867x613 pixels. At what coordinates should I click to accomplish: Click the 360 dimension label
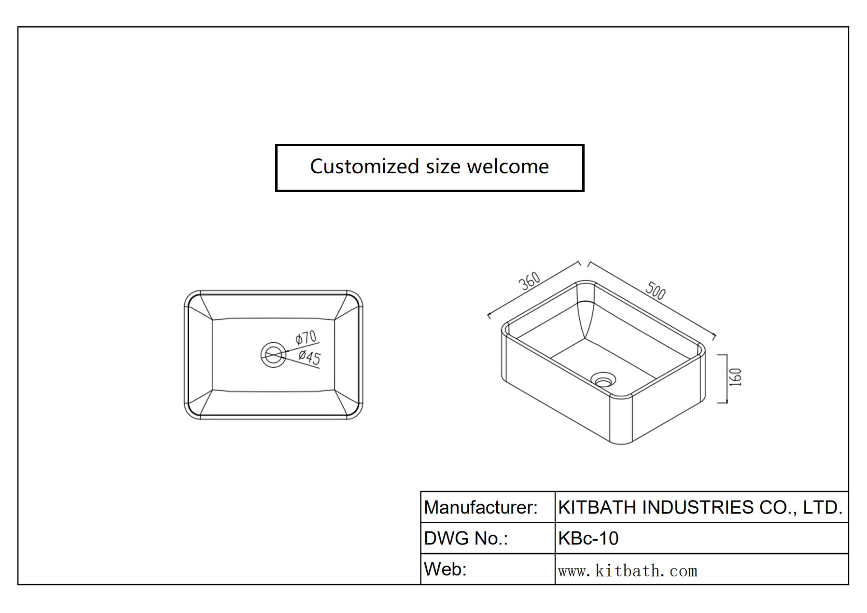pos(529,281)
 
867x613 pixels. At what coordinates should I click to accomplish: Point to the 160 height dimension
pos(735,377)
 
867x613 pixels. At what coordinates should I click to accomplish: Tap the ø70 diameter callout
pos(306,337)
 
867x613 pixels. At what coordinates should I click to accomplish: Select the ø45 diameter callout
pos(309,357)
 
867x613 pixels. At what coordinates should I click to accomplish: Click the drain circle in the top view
pos(273,355)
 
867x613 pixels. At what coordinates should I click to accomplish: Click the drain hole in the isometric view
pos(603,380)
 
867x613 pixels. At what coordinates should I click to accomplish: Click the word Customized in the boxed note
pos(364,167)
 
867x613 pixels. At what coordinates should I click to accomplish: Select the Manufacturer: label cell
pos(480,507)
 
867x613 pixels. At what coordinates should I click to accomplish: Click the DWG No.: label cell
pos(466,538)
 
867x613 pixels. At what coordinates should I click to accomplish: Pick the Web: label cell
pos(445,569)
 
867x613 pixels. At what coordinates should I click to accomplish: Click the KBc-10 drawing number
pos(588,538)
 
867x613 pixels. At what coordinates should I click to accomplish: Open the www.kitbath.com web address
pos(628,571)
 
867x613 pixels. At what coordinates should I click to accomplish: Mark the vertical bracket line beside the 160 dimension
pos(726,378)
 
